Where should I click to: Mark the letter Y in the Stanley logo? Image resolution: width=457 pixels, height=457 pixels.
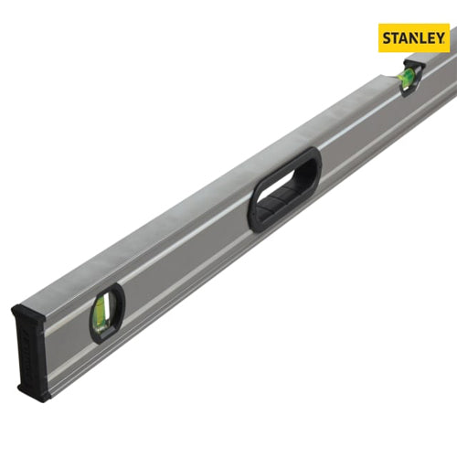(440, 38)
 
